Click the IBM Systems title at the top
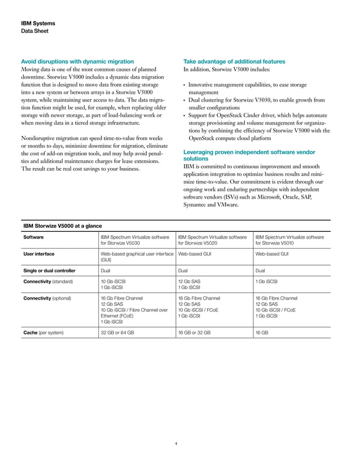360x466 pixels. click(x=38, y=24)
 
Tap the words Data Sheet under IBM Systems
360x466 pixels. click(x=34, y=31)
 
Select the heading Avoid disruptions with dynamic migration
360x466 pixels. click(x=77, y=61)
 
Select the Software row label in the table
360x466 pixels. click(x=33, y=238)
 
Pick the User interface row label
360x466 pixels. click(x=38, y=255)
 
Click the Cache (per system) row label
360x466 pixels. click(x=43, y=333)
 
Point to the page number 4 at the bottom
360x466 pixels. click(x=176, y=443)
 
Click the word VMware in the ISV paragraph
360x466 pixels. click(x=226, y=205)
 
